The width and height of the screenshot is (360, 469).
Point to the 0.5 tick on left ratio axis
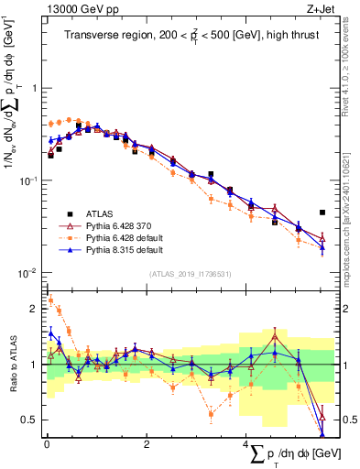coord(34,420)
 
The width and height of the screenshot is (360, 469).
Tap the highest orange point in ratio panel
coord(50,300)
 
